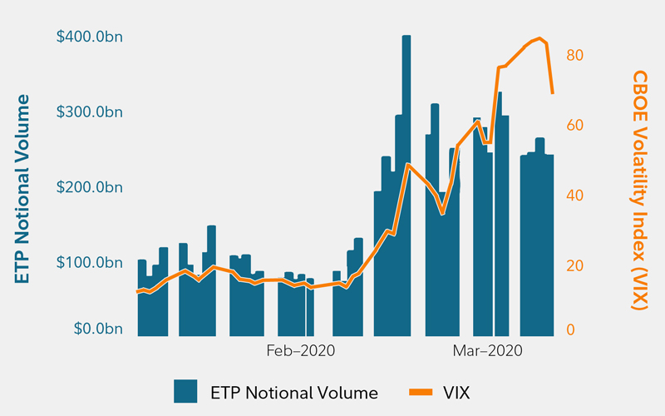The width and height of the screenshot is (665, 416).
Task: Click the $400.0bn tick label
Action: pyautogui.click(x=91, y=37)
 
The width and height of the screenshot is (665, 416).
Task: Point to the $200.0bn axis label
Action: pyautogui.click(x=91, y=187)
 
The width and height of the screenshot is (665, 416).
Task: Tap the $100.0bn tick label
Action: pyautogui.click(x=91, y=263)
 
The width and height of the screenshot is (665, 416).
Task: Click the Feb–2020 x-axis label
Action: pyautogui.click(x=300, y=351)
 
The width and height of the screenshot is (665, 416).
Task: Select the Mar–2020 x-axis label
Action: pyautogui.click(x=487, y=351)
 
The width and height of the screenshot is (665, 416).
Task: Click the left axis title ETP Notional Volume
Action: pyautogui.click(x=22, y=189)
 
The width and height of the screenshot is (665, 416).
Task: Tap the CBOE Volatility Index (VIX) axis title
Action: pyautogui.click(x=638, y=190)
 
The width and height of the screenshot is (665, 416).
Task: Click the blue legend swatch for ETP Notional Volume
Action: pyautogui.click(x=185, y=391)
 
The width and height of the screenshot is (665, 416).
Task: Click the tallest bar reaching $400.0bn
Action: pyautogui.click(x=406, y=183)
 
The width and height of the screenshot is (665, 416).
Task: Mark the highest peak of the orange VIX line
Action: pyautogui.click(x=539, y=38)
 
